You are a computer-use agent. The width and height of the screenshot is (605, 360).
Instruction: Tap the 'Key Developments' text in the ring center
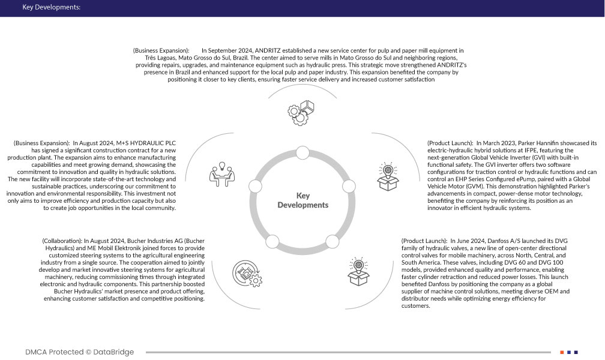tap(303, 200)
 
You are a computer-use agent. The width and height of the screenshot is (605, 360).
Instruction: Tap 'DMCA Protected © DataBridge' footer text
tap(80, 352)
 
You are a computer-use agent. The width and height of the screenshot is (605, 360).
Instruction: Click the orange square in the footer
tap(562, 352)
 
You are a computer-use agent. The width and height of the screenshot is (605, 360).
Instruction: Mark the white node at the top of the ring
tap(303, 155)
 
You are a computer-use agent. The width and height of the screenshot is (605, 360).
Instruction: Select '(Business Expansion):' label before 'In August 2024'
tap(41, 143)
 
